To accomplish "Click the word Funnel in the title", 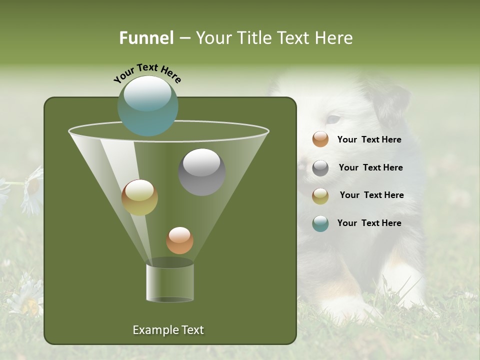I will [146, 38].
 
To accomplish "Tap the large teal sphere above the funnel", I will [148, 106].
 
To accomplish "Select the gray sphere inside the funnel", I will [201, 172].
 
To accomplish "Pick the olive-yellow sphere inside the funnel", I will [139, 197].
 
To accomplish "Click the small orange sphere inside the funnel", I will [179, 240].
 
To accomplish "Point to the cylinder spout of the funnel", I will [170, 281].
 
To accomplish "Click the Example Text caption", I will [168, 330].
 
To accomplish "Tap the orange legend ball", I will [320, 139].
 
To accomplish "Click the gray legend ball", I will [320, 168].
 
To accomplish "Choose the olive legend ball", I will [320, 195].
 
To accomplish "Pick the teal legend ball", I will [320, 223].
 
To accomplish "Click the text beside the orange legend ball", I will [369, 140].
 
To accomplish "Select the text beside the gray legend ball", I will [370, 168].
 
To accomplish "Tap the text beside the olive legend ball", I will [371, 195].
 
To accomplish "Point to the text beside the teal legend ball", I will [369, 223].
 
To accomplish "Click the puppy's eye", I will [332, 119].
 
